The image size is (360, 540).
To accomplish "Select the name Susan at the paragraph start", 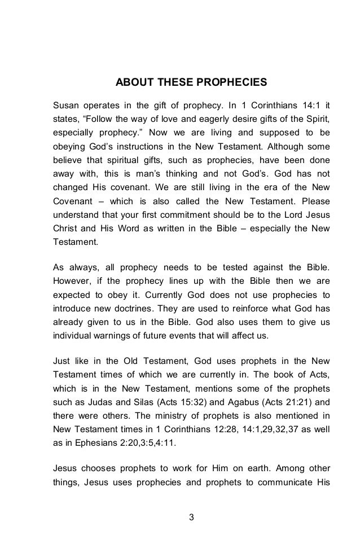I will [65, 105].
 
